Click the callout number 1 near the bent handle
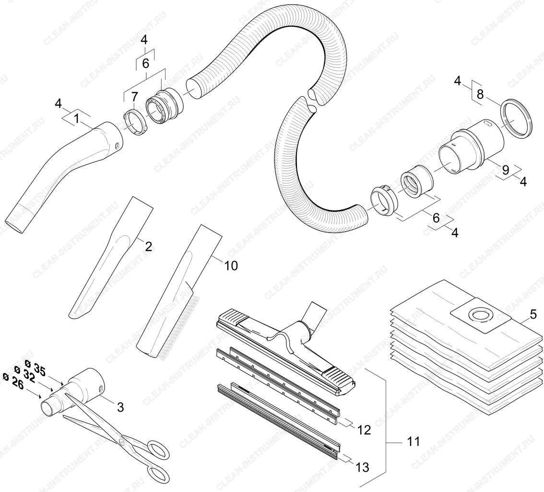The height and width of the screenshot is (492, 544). tap(76, 119)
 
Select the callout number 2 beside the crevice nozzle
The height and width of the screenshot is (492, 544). tap(148, 246)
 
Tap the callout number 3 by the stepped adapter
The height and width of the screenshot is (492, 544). tap(120, 407)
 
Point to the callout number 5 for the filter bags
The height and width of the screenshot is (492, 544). tap(533, 314)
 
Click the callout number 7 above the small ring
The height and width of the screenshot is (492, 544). tap(134, 97)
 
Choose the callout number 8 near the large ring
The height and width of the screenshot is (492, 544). tap(480, 94)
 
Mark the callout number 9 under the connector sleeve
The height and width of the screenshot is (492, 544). tap(506, 170)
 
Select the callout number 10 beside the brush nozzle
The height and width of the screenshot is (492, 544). tap(231, 265)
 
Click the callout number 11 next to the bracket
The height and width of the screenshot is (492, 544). tap(413, 441)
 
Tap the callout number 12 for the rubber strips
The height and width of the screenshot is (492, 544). tap(364, 430)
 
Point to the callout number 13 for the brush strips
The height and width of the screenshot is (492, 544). tap(362, 467)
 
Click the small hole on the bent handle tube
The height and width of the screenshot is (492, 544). tap(117, 146)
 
